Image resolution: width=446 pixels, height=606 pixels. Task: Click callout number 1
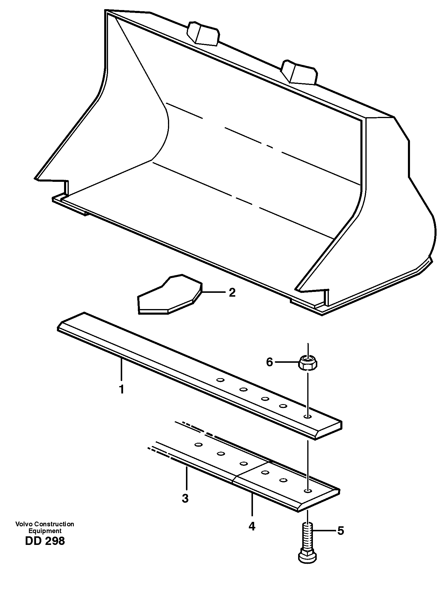[121, 389]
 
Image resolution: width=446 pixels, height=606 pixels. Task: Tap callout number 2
[232, 293]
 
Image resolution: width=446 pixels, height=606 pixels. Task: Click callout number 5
[341, 531]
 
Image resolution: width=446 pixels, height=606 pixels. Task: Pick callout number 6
[269, 362]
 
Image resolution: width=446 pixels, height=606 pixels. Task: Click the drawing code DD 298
[45, 541]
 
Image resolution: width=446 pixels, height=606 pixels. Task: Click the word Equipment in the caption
[45, 530]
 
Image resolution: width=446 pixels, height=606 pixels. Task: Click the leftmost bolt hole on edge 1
[219, 380]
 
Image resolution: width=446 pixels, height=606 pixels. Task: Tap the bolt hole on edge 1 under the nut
[308, 416]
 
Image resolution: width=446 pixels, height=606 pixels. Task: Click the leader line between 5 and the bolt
[324, 531]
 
